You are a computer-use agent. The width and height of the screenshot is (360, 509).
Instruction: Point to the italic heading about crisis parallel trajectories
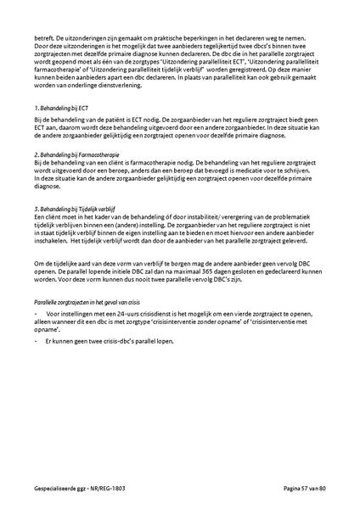coord(88,302)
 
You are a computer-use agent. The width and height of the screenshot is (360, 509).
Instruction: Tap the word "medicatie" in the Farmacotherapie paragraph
coord(256,171)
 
